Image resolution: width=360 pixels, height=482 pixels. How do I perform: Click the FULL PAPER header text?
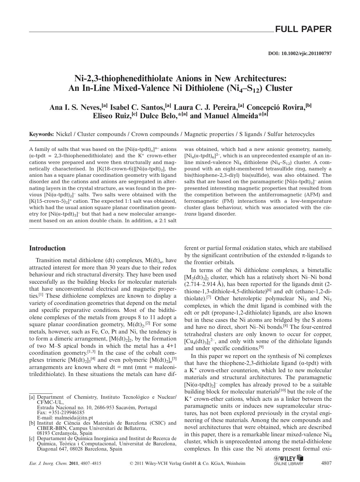click(303, 29)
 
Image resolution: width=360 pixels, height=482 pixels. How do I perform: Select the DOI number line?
click(300, 54)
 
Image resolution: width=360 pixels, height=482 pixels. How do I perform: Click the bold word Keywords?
click(41, 134)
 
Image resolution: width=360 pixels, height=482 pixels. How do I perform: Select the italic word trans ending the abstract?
click(191, 214)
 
